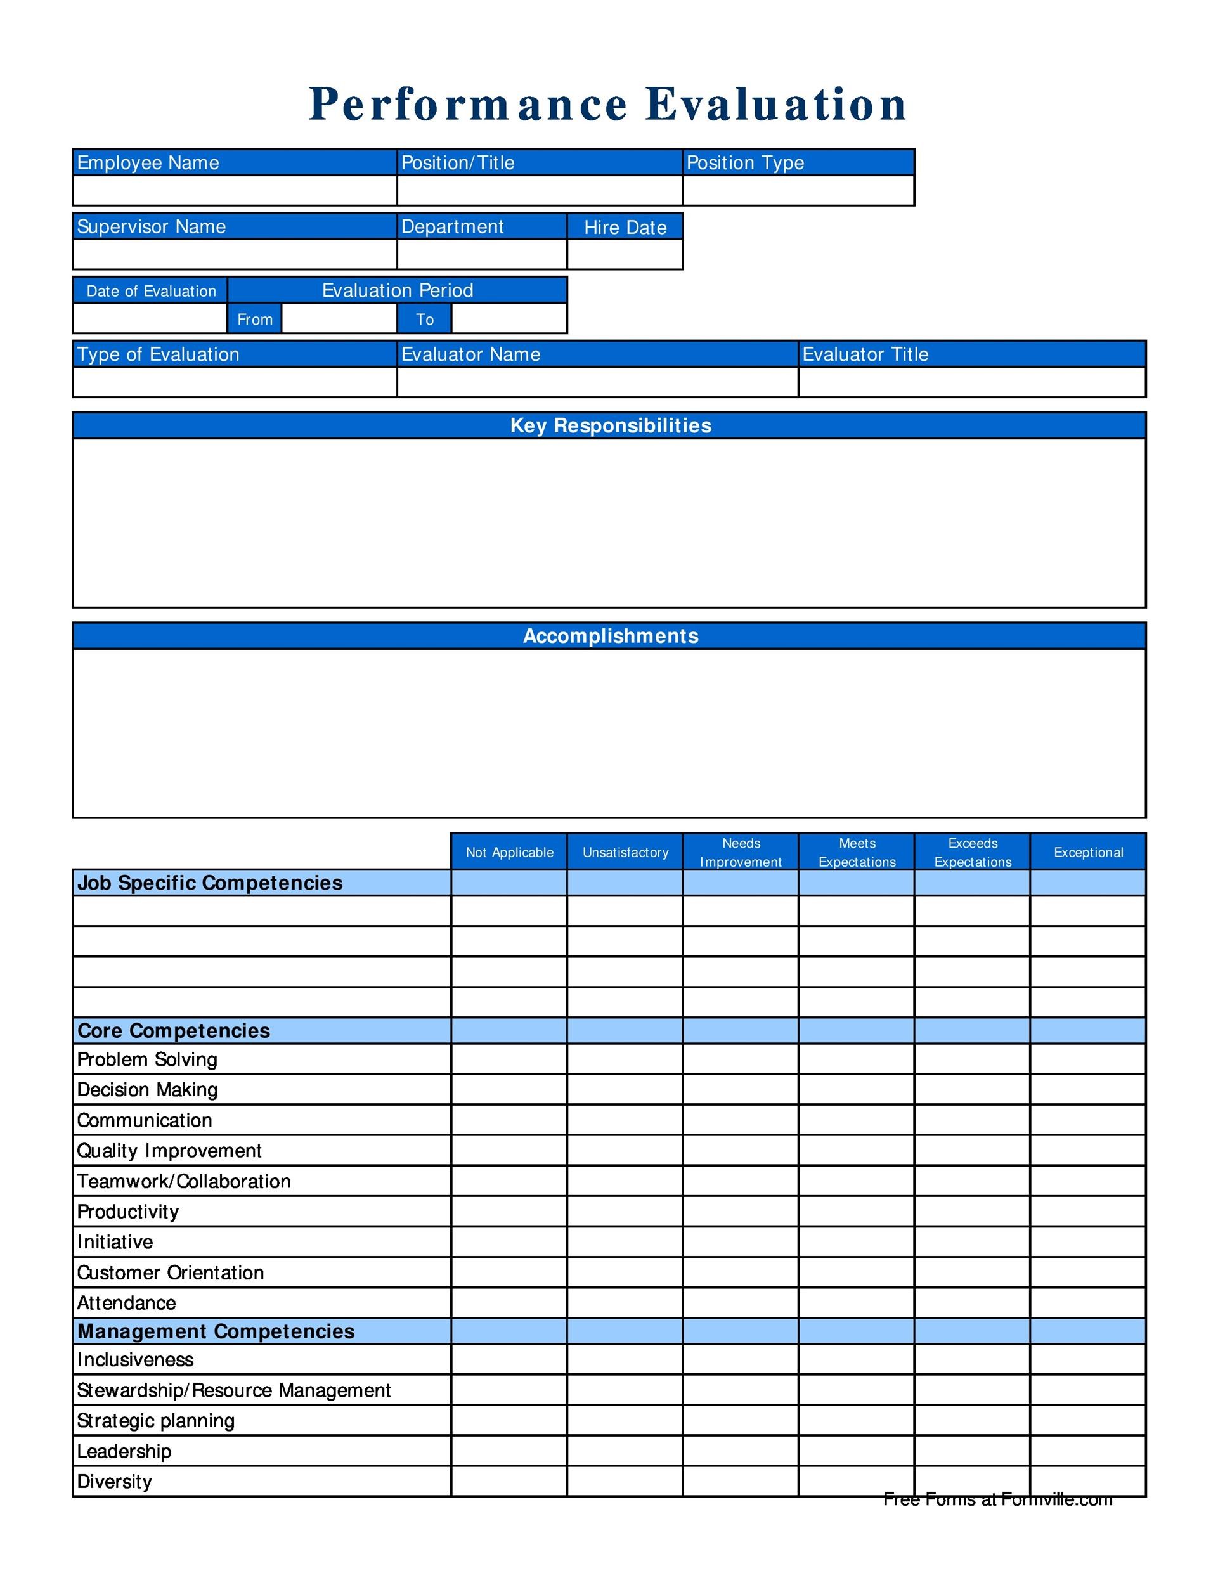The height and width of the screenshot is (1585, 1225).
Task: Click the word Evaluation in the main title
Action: [x=776, y=104]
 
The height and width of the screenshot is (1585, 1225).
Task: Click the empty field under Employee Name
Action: [x=235, y=190]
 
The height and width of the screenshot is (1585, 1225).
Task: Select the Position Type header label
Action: [x=744, y=162]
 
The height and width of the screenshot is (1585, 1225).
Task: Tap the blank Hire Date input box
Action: [x=624, y=254]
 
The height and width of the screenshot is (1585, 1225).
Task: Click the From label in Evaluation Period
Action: [x=255, y=320]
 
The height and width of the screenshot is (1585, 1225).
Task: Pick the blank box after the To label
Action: [x=509, y=319]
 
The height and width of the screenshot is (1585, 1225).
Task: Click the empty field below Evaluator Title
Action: [x=972, y=382]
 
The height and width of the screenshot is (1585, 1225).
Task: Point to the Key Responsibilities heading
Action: [x=611, y=425]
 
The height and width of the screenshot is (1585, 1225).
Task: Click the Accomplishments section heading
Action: [x=611, y=636]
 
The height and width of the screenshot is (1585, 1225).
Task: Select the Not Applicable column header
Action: [x=509, y=852]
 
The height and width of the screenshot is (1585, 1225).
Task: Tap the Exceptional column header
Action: [x=1088, y=852]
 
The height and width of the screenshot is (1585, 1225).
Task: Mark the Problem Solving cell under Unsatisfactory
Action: [x=624, y=1059]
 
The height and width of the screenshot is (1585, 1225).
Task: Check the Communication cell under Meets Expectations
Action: [x=857, y=1120]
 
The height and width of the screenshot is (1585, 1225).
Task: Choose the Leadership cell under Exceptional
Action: [x=1088, y=1451]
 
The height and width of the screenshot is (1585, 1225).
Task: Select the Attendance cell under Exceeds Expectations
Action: [x=972, y=1303]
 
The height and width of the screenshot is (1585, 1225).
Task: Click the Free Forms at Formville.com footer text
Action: [x=997, y=1499]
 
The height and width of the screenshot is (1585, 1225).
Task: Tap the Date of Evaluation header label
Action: [x=151, y=291]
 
